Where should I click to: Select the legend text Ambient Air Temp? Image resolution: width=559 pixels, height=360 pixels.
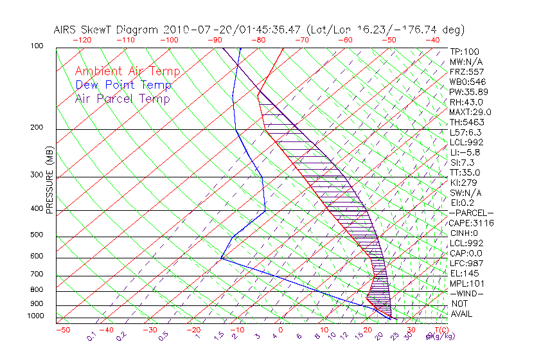tap(127, 71)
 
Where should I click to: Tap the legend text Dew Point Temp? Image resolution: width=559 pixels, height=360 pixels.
tap(123, 85)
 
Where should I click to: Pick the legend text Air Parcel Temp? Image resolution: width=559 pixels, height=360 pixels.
tap(122, 98)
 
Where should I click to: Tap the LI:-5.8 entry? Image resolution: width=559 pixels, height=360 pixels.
tap(465, 152)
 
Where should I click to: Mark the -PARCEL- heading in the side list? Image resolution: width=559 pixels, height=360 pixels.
tap(471, 213)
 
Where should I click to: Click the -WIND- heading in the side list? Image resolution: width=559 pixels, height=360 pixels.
tap(466, 293)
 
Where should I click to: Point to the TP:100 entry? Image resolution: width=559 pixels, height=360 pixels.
tap(464, 51)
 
